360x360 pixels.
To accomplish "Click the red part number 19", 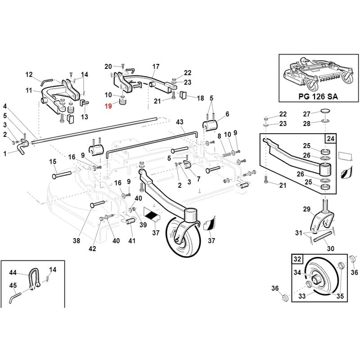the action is coord(108,106).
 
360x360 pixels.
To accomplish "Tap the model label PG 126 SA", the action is coord(318,96).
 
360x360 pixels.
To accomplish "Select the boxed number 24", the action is coord(331,139).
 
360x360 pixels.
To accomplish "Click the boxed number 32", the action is coord(297,259).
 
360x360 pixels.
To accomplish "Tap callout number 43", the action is coord(180,122).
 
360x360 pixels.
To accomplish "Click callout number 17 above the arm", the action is coord(156,67).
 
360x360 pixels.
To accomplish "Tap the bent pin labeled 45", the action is coord(14,297).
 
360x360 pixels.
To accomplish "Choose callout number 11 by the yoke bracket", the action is coord(29,91).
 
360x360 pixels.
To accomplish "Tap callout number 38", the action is coord(76,241).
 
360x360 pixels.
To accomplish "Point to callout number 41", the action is coord(132,241).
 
